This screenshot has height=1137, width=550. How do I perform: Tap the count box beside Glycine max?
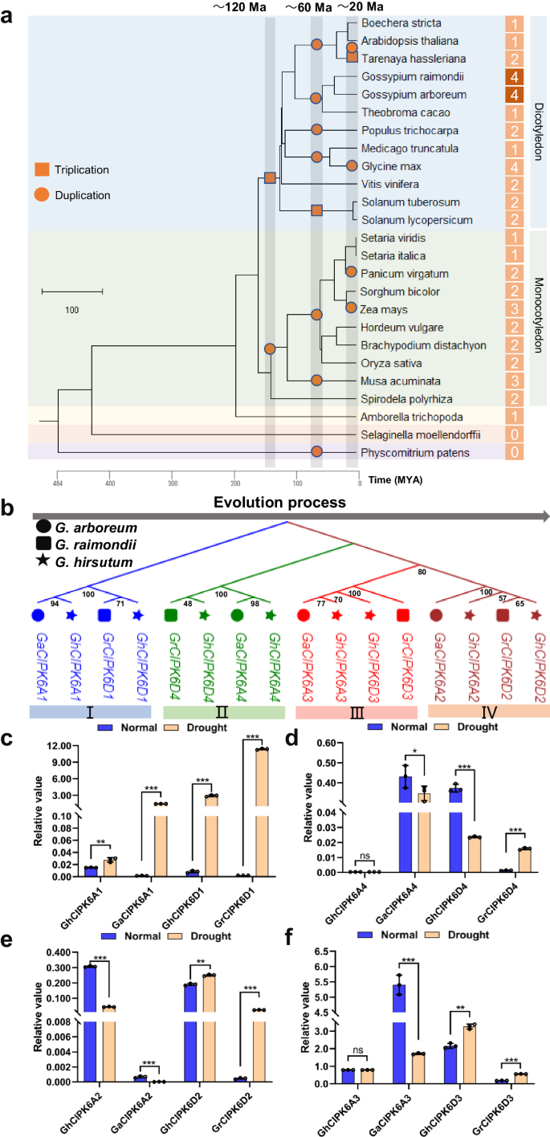513,166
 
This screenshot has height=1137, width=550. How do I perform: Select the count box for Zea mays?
513,309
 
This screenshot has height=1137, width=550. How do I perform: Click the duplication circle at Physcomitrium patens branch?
317,452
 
